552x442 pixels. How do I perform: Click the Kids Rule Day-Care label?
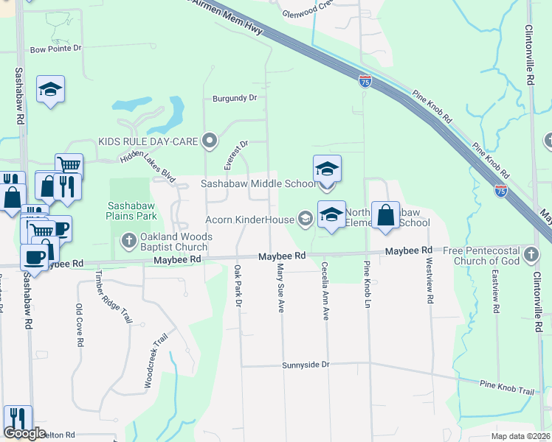click(x=150, y=140)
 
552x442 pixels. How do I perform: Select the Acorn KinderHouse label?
click(x=249, y=220)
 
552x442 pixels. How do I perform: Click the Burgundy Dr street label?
click(x=235, y=97)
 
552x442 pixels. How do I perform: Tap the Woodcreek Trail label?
click(x=158, y=364)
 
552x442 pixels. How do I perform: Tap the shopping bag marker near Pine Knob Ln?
click(x=385, y=215)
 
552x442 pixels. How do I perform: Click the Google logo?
click(x=24, y=433)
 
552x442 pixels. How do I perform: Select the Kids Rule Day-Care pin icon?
click(x=210, y=140)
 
